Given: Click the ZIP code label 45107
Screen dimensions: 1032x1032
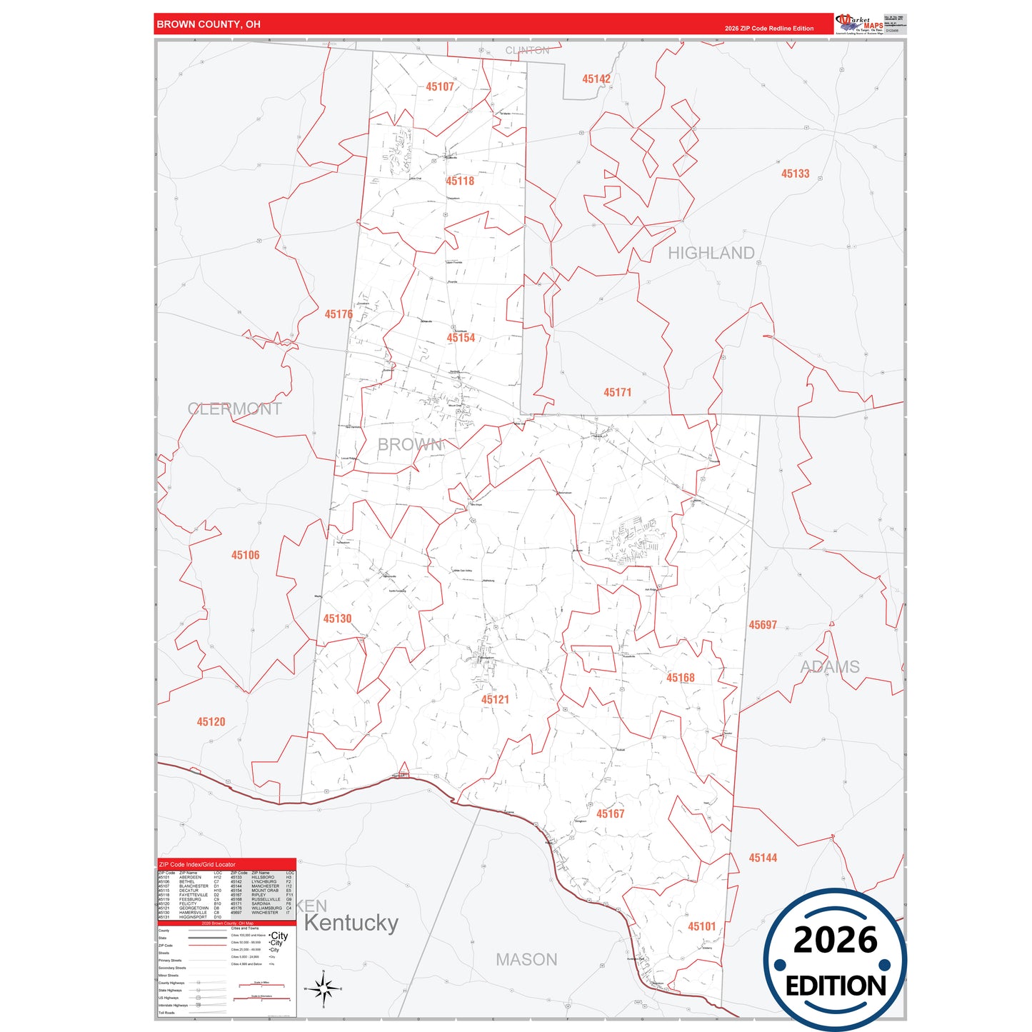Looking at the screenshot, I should (x=440, y=87).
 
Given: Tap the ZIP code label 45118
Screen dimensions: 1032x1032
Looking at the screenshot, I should (x=460, y=181).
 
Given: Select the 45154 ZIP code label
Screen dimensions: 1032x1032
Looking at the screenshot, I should (x=461, y=338).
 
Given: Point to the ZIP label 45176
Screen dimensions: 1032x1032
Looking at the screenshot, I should (x=339, y=314).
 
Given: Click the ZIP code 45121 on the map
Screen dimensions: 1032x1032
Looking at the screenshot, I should (x=495, y=700).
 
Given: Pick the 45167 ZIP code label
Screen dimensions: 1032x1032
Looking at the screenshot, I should (x=610, y=814).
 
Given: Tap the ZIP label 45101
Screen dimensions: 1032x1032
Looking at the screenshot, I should (x=701, y=926).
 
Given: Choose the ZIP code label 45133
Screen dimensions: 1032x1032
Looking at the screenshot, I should (x=795, y=174).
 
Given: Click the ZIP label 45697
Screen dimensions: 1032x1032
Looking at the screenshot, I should (x=762, y=625).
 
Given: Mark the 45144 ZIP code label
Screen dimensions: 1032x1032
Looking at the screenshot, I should (x=762, y=858).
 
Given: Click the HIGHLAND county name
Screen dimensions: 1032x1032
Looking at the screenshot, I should (x=711, y=254).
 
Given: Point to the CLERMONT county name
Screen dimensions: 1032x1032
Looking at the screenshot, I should (x=234, y=409).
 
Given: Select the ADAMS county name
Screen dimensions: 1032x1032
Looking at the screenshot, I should (x=829, y=667).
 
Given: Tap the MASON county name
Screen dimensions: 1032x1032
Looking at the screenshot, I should (x=526, y=960).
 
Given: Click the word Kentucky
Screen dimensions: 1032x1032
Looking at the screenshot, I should (x=351, y=923).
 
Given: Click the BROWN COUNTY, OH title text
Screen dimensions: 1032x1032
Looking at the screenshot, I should (x=209, y=24).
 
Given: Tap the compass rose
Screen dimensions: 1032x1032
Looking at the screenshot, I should (x=324, y=989).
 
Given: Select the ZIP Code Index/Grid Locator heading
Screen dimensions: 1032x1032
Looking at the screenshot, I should (x=197, y=865).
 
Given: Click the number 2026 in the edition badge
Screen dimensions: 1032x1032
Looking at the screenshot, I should (x=835, y=940).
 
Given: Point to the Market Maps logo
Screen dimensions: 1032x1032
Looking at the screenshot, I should (x=859, y=24).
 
